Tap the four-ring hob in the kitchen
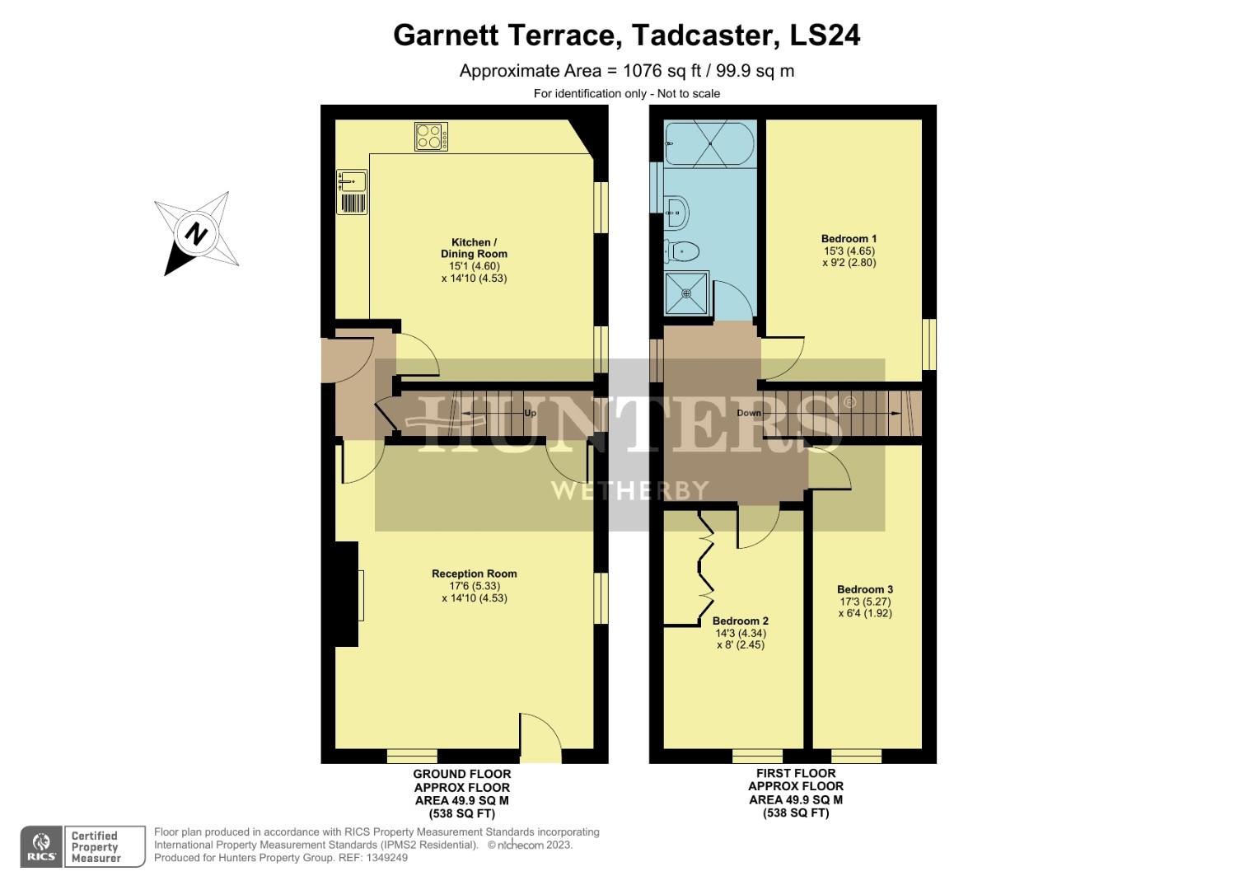[x=431, y=137]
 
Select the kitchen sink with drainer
[x=352, y=192]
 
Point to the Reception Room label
[x=475, y=574]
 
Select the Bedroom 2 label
[x=740, y=621]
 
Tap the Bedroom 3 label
[x=865, y=589]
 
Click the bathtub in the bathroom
[x=709, y=144]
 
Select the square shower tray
[x=685, y=294]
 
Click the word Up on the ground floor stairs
[x=530, y=413]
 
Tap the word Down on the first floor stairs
[x=749, y=413]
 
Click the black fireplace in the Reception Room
[x=347, y=593]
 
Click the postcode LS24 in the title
[x=825, y=35]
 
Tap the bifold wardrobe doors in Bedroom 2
[x=704, y=568]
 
